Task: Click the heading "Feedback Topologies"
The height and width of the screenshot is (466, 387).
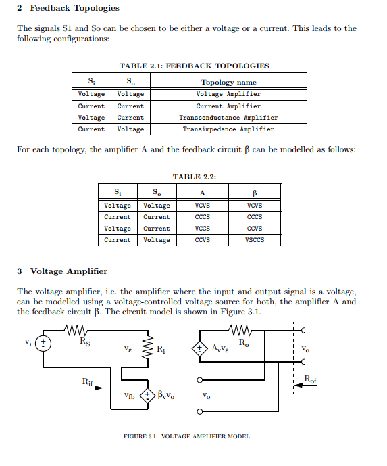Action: coord(74,8)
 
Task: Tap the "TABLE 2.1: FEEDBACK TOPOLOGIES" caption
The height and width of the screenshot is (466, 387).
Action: coord(194,66)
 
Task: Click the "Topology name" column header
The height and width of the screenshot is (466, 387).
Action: coord(228,83)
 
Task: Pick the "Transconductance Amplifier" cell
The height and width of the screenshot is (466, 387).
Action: coord(228,118)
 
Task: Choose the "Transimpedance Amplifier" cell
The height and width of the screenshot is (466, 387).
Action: coord(228,129)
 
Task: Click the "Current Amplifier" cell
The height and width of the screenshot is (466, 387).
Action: coord(228,106)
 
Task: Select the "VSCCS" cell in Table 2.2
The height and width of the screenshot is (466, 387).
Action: coord(254,240)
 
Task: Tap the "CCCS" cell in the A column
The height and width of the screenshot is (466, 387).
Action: coord(202,217)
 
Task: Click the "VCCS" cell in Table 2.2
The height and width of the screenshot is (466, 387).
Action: coord(202,229)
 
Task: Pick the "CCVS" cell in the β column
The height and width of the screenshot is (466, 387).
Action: coord(254,229)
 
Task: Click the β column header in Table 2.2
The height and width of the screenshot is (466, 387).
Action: coord(254,193)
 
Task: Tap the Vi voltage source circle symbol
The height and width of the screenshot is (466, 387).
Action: coord(44,343)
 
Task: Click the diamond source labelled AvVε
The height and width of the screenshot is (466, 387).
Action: coord(200,349)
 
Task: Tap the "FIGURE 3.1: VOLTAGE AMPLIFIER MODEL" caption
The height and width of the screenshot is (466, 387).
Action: coord(186,436)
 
